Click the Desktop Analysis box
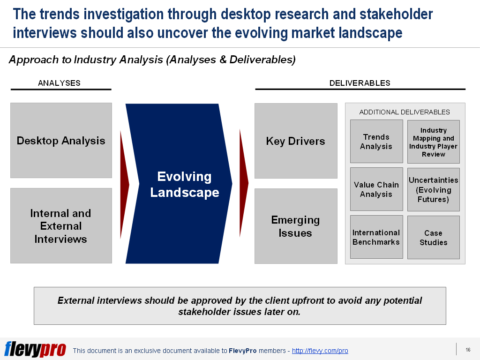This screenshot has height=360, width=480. (x=61, y=141)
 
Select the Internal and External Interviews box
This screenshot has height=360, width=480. (x=61, y=226)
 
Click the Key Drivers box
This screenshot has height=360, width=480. (x=296, y=141)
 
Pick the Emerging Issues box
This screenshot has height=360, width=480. (x=296, y=226)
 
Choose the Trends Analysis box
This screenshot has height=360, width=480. (x=376, y=142)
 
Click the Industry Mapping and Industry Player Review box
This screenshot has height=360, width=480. (x=433, y=142)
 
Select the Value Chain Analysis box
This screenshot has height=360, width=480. (x=376, y=189)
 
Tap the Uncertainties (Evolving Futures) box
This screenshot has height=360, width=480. (x=433, y=189)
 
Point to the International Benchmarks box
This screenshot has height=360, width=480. (x=376, y=237)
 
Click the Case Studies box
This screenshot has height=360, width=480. (x=433, y=238)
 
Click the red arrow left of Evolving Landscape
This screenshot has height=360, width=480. (x=124, y=184)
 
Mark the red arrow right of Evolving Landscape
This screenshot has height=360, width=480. (x=243, y=183)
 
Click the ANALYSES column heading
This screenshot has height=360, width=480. (x=59, y=83)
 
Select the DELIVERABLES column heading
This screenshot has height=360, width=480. (x=360, y=83)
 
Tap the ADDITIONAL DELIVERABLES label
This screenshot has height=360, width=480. (x=405, y=112)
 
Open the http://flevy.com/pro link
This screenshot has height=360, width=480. (x=320, y=351)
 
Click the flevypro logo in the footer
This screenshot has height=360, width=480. (x=35, y=349)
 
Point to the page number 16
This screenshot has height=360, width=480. (x=468, y=350)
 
